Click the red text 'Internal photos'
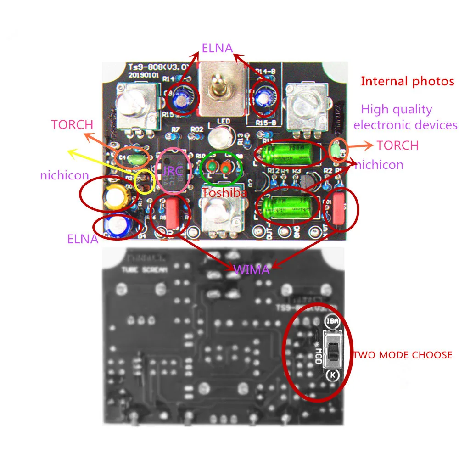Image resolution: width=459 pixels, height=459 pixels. pos(407,81)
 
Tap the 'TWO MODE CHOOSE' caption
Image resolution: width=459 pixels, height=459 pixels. pos(402,355)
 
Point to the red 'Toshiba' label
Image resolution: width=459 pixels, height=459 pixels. pos(225,193)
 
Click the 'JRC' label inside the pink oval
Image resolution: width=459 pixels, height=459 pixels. pos(173,171)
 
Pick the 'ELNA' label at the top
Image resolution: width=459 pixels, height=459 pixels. pos(217,48)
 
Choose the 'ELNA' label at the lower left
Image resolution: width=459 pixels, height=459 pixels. pos(83,239)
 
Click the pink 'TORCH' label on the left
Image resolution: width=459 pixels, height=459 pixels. pos(72,124)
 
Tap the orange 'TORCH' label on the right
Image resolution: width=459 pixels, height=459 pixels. pos(397,146)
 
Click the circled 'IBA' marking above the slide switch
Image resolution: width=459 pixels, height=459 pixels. pos(332,322)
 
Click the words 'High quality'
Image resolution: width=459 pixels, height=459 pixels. pos(397,109)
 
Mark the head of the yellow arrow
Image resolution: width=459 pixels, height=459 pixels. pos(69,150)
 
